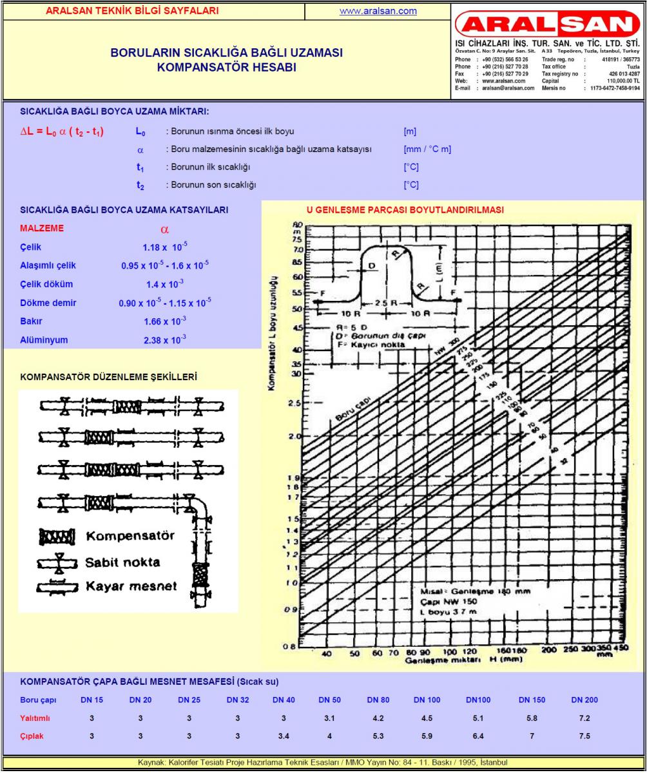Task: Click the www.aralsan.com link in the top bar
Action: [x=378, y=11]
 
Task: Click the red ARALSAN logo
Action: [x=548, y=24]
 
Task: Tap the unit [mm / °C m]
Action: [x=427, y=149]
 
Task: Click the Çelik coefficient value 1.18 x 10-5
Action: [x=165, y=247]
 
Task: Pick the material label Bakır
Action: [x=31, y=321]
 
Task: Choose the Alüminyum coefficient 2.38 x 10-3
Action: [x=165, y=340]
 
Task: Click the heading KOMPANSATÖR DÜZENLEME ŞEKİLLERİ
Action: [x=108, y=377]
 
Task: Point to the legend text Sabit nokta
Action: [x=122, y=562]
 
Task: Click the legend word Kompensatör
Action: [x=130, y=536]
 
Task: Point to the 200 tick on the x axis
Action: [x=548, y=651]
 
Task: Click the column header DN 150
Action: [x=532, y=700]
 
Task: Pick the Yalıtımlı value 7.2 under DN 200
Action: [x=584, y=718]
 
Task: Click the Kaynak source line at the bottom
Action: [x=323, y=762]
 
